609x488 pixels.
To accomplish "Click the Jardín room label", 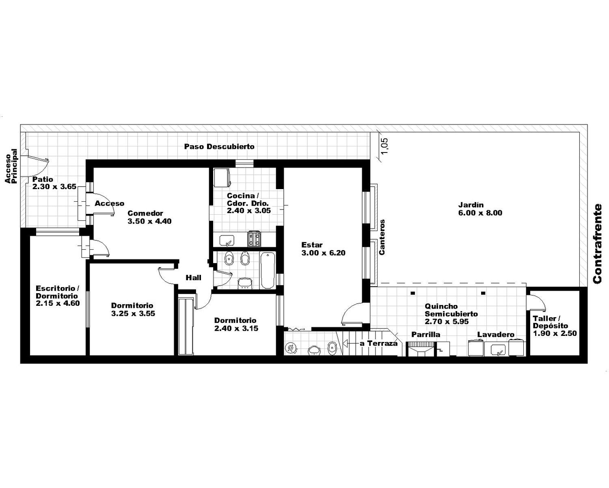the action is pos(480,209).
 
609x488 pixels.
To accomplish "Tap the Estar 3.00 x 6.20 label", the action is pos(323,249).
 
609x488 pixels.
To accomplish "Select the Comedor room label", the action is pos(149,217).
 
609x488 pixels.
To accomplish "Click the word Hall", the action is pos(194,278).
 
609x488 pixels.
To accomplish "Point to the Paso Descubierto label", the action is pos(219,146).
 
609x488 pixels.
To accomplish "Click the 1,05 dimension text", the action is pos(385,146).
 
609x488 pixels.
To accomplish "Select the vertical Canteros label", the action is pos(382,237).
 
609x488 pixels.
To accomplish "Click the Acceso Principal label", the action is pos(11,166).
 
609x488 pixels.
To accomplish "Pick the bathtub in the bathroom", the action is pos(267,270).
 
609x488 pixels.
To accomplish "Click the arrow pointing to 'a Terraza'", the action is pos(350,344).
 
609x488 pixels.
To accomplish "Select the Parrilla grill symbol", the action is pos(420,349).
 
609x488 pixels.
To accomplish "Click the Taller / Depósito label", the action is pos(555,326).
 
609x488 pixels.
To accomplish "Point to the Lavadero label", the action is pos(496,335).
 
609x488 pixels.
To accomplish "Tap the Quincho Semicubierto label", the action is pos(451,314).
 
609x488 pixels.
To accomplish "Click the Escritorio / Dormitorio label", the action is pos(58,296).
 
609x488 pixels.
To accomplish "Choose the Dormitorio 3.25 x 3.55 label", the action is pos(133,309).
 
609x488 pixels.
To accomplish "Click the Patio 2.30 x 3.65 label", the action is pos(54,183).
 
